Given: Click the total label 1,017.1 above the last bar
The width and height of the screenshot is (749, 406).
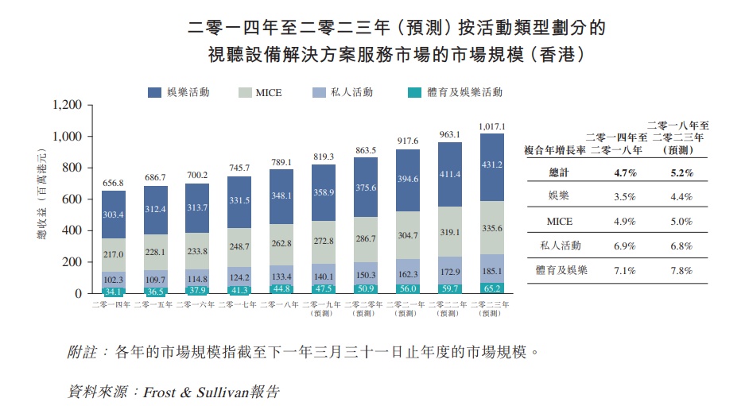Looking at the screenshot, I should [x=492, y=126].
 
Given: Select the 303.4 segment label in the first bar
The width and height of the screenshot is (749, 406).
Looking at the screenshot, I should [x=114, y=215].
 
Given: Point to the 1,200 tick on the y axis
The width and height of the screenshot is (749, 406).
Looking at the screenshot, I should [x=67, y=105].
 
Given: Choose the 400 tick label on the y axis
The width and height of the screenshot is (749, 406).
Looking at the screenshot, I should [x=72, y=230].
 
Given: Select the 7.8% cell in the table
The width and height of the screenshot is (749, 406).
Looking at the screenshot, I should [x=681, y=271].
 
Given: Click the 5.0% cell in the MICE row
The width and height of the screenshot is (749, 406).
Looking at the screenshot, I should [x=681, y=222].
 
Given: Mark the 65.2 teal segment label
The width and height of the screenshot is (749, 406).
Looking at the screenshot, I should [x=492, y=288].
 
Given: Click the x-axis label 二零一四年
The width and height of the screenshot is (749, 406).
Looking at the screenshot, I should [x=113, y=304].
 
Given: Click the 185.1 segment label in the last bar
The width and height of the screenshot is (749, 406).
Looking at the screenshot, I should [x=492, y=271].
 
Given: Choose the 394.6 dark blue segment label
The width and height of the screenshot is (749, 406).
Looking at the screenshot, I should [x=406, y=179].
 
